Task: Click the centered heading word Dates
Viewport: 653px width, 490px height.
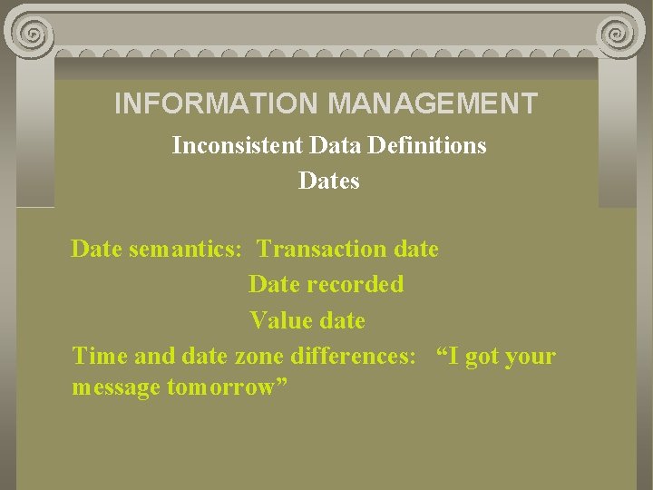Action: (328, 181)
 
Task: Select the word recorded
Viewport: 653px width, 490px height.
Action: (355, 284)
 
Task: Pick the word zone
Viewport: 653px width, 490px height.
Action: (258, 356)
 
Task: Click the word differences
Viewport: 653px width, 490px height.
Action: (353, 356)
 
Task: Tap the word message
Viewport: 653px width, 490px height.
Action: (116, 387)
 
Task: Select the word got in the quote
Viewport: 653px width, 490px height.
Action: (482, 357)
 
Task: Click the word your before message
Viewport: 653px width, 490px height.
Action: (531, 357)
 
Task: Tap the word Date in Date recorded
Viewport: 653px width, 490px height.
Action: (274, 284)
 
